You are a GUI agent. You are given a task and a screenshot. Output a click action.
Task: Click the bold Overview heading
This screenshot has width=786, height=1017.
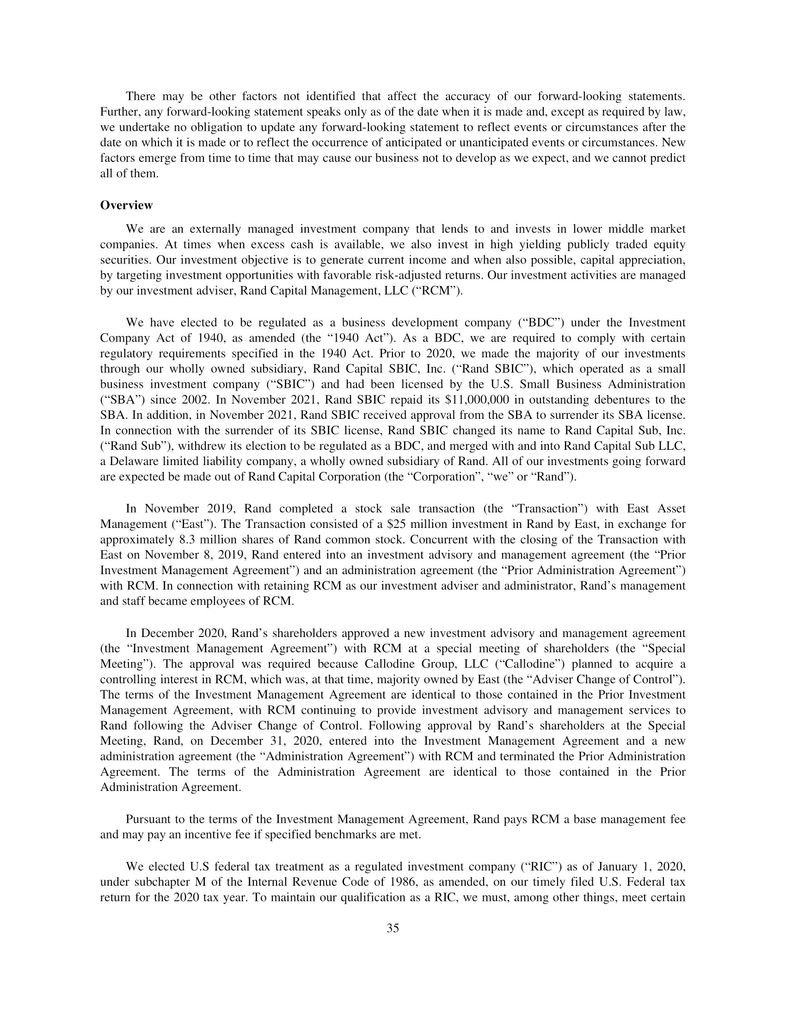tap(126, 205)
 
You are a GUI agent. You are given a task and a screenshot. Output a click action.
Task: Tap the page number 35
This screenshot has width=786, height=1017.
tap(393, 938)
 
